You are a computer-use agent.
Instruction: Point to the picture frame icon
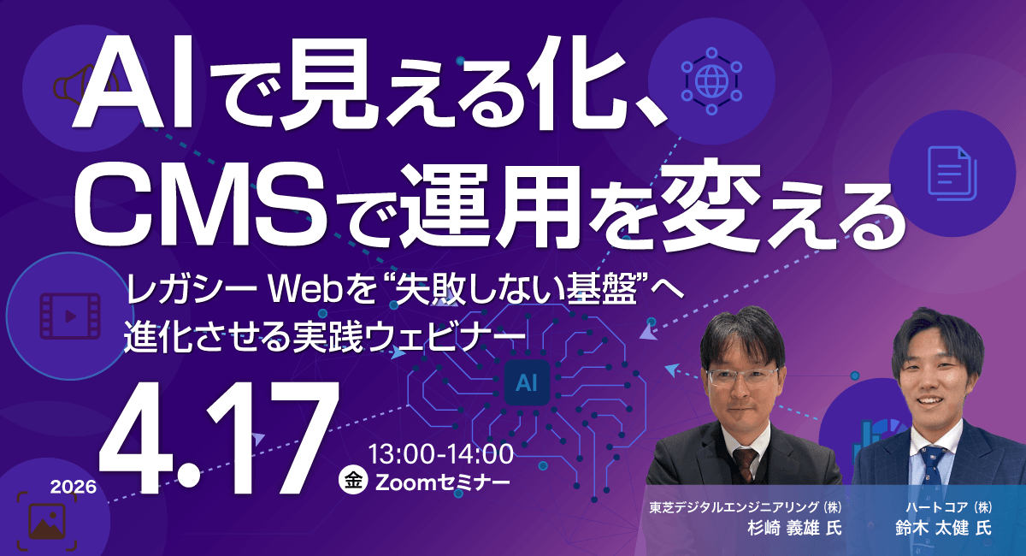(48, 518)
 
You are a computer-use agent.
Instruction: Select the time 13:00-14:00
(440, 452)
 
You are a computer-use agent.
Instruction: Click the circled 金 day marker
(351, 480)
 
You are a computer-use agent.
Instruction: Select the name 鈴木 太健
(932, 527)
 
